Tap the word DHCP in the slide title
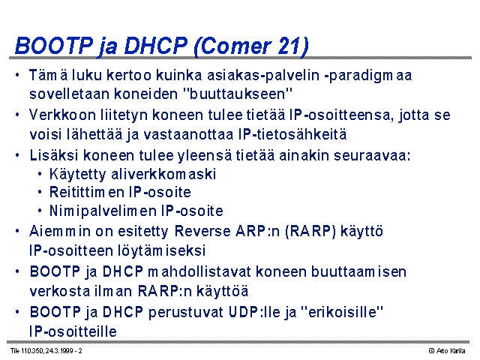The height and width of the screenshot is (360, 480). coord(155,46)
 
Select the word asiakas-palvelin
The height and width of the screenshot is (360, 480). coord(263,75)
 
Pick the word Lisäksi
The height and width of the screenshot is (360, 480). coord(54,155)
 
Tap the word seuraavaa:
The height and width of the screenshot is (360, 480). coord(372,156)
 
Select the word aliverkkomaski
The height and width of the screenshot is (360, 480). coord(163,174)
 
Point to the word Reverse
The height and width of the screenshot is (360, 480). coord(202,231)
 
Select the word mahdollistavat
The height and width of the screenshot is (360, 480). coord(199,271)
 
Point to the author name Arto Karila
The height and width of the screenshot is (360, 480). coord(451,351)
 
